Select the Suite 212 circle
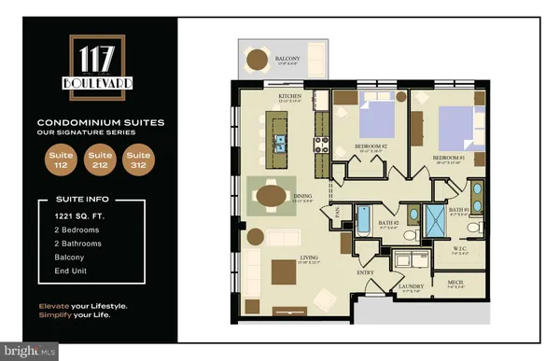(x=97, y=160)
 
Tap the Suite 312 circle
(x=139, y=160)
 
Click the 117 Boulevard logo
(x=97, y=64)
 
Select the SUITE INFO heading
(x=74, y=199)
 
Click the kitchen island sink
(x=279, y=142)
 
